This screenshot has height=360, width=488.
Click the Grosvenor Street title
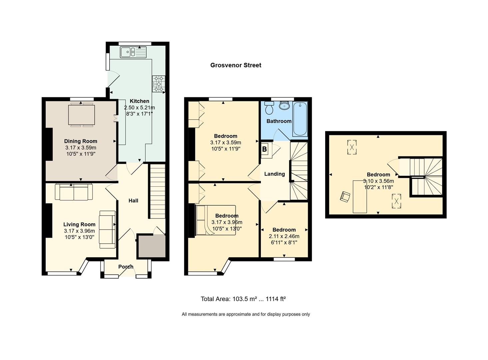click(236, 65)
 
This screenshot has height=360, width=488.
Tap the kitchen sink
click(133, 52)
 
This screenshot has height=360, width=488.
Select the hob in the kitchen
click(159, 84)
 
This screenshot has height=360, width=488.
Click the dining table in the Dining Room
click(82, 115)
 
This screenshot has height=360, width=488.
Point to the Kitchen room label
click(140, 101)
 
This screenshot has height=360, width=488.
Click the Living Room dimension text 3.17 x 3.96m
click(79, 231)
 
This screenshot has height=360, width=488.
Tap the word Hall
click(133, 201)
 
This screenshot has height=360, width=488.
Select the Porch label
click(126, 267)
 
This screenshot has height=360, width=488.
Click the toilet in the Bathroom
click(269, 108)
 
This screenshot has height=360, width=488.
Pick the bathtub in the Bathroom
click(300, 119)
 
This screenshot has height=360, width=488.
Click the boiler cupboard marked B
click(266, 150)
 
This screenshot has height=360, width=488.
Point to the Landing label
click(274, 174)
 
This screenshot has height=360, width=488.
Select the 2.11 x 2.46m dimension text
click(284, 236)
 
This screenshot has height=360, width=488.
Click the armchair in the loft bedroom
click(345, 196)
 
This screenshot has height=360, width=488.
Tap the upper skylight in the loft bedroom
click(352, 147)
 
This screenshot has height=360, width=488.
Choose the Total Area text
click(243, 299)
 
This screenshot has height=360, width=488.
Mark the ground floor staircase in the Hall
click(157, 191)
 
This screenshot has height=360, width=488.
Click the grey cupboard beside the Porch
click(152, 246)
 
